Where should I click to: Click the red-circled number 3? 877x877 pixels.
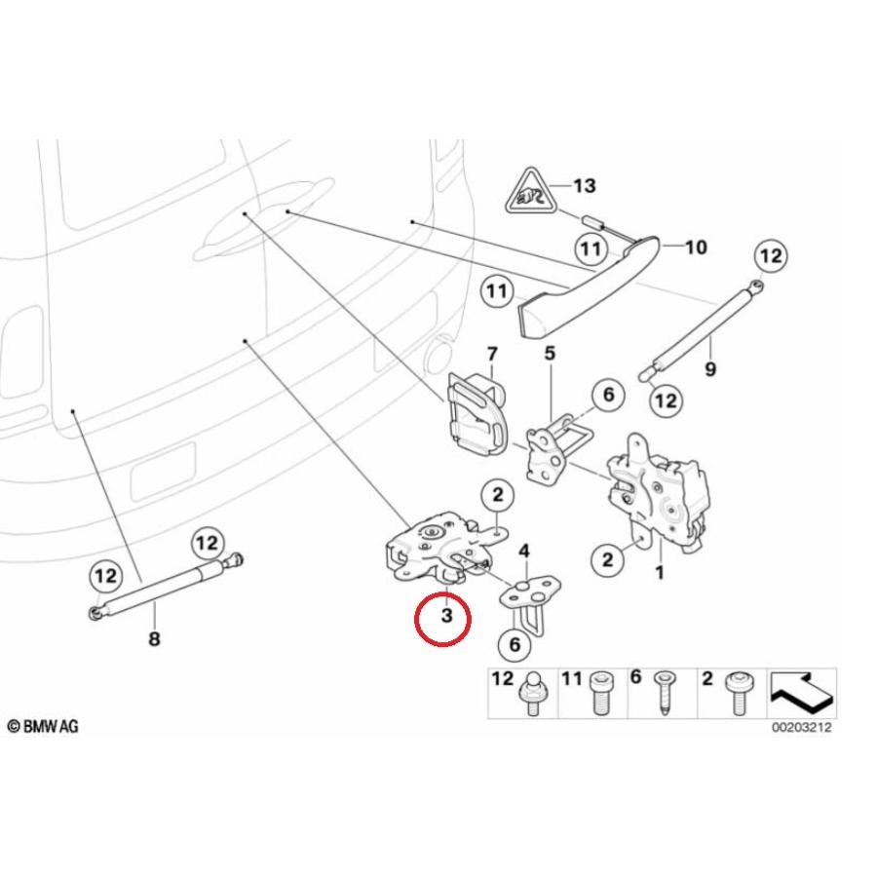[446, 617]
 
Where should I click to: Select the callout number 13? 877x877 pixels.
[585, 185]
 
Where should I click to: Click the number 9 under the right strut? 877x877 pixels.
[709, 369]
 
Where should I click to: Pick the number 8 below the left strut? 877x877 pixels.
[154, 639]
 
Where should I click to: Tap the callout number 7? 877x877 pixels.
[491, 353]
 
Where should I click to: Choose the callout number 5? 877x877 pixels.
[549, 353]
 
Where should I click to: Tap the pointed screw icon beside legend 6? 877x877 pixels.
[665, 694]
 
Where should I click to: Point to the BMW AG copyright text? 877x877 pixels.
[44, 726]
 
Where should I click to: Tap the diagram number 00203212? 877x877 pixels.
[803, 727]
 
